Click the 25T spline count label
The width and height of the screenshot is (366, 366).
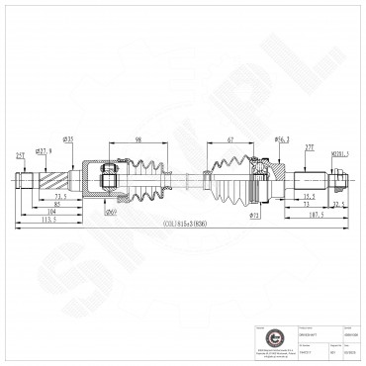pos(20,154)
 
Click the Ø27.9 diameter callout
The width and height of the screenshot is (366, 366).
pos(43,150)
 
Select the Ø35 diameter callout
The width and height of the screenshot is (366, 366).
pos(69,139)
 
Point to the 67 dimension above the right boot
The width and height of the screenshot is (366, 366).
pos(229,140)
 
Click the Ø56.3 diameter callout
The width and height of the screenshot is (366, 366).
pos(280,140)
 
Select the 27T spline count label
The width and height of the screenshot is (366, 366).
pos(309,146)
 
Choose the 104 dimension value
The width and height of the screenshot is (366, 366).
pos(50,212)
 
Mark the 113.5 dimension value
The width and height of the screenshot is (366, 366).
pos(47,221)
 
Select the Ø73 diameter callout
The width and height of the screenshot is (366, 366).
pos(254,214)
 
